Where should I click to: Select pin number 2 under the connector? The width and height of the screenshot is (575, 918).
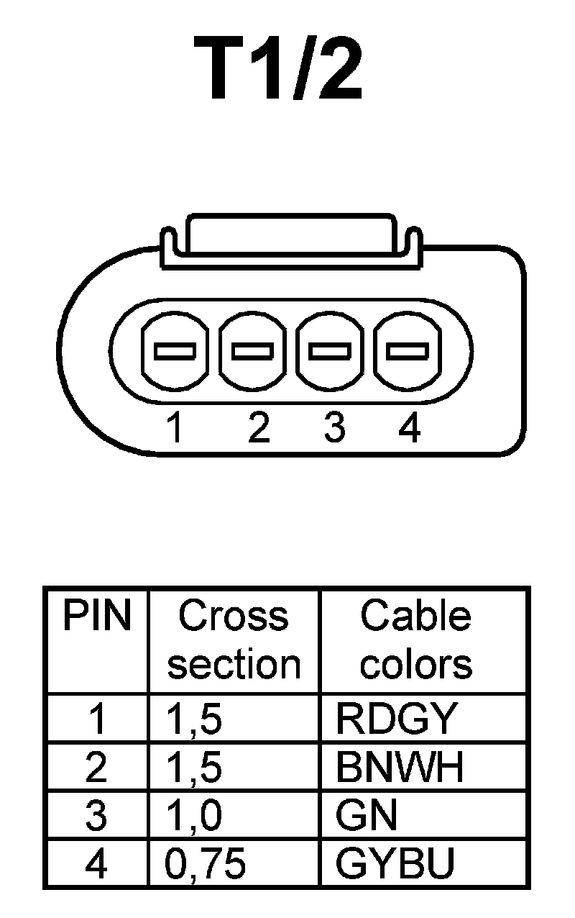point(258,429)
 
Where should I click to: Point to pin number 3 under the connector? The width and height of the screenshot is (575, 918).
point(333,429)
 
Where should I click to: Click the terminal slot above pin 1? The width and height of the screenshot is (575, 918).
point(175,351)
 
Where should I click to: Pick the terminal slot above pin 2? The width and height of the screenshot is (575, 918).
point(252,351)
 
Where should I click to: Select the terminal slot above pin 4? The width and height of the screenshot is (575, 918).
point(407,351)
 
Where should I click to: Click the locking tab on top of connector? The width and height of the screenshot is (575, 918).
point(289,234)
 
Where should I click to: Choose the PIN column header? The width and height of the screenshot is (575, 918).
point(97,617)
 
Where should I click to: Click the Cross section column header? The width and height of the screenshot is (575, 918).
point(234,640)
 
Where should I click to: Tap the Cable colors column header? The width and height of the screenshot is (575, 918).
point(416,640)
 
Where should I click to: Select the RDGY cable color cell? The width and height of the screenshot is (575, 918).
point(396,718)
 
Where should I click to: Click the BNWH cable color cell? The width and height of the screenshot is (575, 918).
point(400,768)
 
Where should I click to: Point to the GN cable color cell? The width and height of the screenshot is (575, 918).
point(366,817)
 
